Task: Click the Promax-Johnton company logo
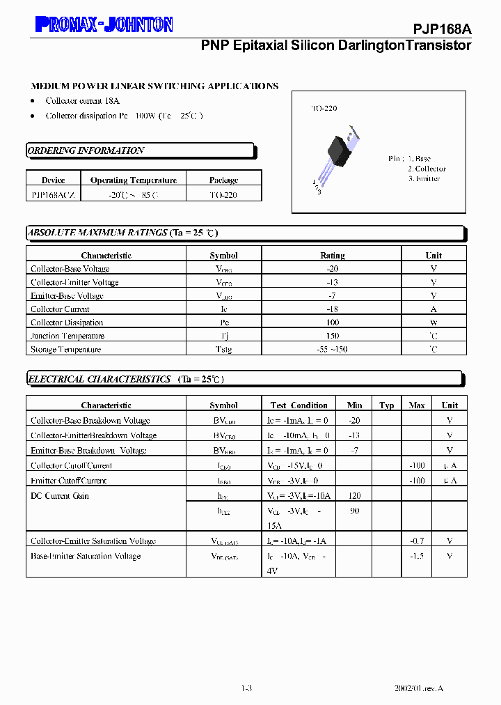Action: point(104,25)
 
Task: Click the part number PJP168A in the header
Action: point(443,29)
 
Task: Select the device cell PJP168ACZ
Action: point(54,195)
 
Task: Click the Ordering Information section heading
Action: point(86,150)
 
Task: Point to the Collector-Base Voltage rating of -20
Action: point(332,269)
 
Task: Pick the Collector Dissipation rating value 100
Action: point(332,323)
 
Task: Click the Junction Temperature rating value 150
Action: point(332,336)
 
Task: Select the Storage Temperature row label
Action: point(65,350)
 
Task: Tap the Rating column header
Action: point(332,256)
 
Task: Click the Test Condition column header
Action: point(299,405)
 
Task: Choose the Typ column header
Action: point(387,405)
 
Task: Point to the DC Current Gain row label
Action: point(60,496)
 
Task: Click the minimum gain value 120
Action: point(354,496)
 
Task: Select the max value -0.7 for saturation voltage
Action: point(416,541)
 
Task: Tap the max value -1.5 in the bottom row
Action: point(416,557)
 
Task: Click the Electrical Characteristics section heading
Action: point(100,380)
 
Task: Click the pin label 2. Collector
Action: point(427,169)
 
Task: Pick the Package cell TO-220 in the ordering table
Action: point(223,195)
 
